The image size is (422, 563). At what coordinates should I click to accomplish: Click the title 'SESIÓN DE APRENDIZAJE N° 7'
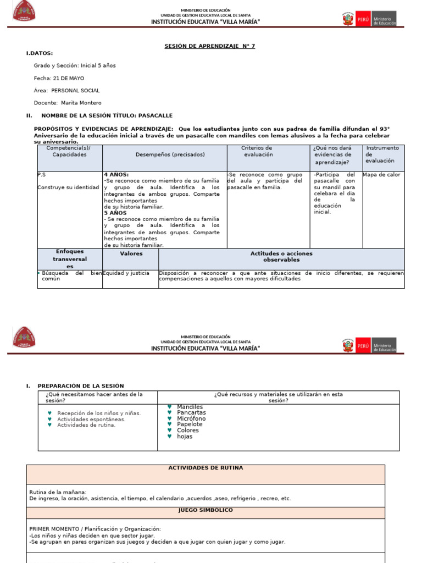210,46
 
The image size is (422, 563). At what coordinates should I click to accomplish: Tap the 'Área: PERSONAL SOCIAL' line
66,91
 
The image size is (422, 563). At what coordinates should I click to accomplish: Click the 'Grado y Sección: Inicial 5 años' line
75,65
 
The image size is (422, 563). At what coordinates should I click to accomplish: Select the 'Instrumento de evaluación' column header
382,154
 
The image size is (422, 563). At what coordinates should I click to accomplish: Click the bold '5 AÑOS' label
115,213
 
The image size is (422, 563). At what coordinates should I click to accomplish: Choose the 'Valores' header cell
131,254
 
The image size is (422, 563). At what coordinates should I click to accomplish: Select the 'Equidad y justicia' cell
126,273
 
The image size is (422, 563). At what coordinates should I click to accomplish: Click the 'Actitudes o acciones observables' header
281,257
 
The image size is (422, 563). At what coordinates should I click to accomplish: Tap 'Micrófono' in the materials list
191,419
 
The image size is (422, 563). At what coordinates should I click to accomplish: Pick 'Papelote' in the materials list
190,424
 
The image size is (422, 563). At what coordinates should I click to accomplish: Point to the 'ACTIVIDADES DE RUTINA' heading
206,468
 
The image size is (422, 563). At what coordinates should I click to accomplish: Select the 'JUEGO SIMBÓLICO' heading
206,510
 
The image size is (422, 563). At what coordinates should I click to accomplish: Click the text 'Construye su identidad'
68,187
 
